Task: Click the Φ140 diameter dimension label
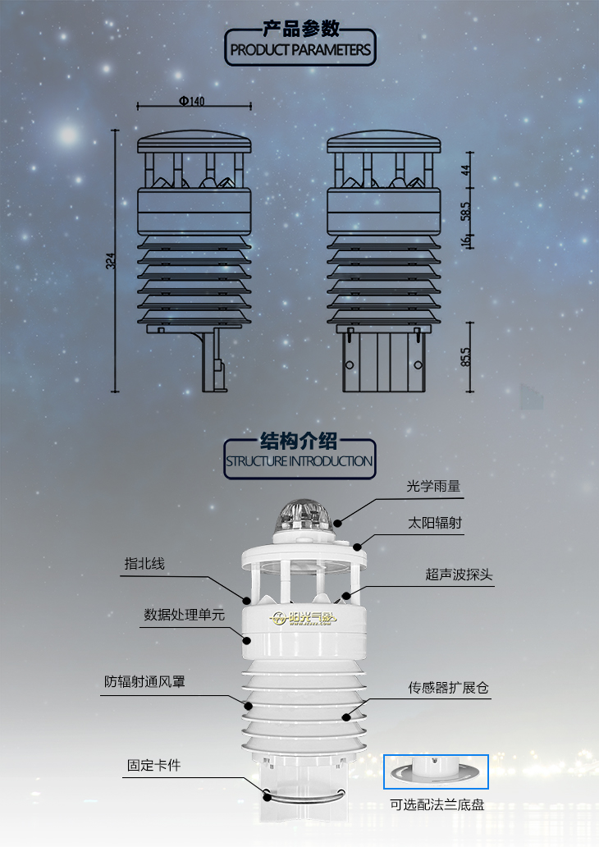point(192,101)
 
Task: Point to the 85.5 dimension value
point(465,356)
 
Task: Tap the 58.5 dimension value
point(465,211)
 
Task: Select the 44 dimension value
point(465,170)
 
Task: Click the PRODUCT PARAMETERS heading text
point(300,50)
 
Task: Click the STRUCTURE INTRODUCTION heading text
point(299,461)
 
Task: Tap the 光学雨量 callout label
point(433,486)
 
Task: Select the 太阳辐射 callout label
point(435,523)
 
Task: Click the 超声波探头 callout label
point(460,575)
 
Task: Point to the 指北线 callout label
point(144,563)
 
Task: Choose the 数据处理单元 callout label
point(184,615)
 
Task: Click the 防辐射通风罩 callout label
point(144,682)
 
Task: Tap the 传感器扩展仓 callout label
point(448,688)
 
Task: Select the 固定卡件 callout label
point(154,766)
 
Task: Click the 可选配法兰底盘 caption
point(437,805)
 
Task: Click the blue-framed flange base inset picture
point(436,771)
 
